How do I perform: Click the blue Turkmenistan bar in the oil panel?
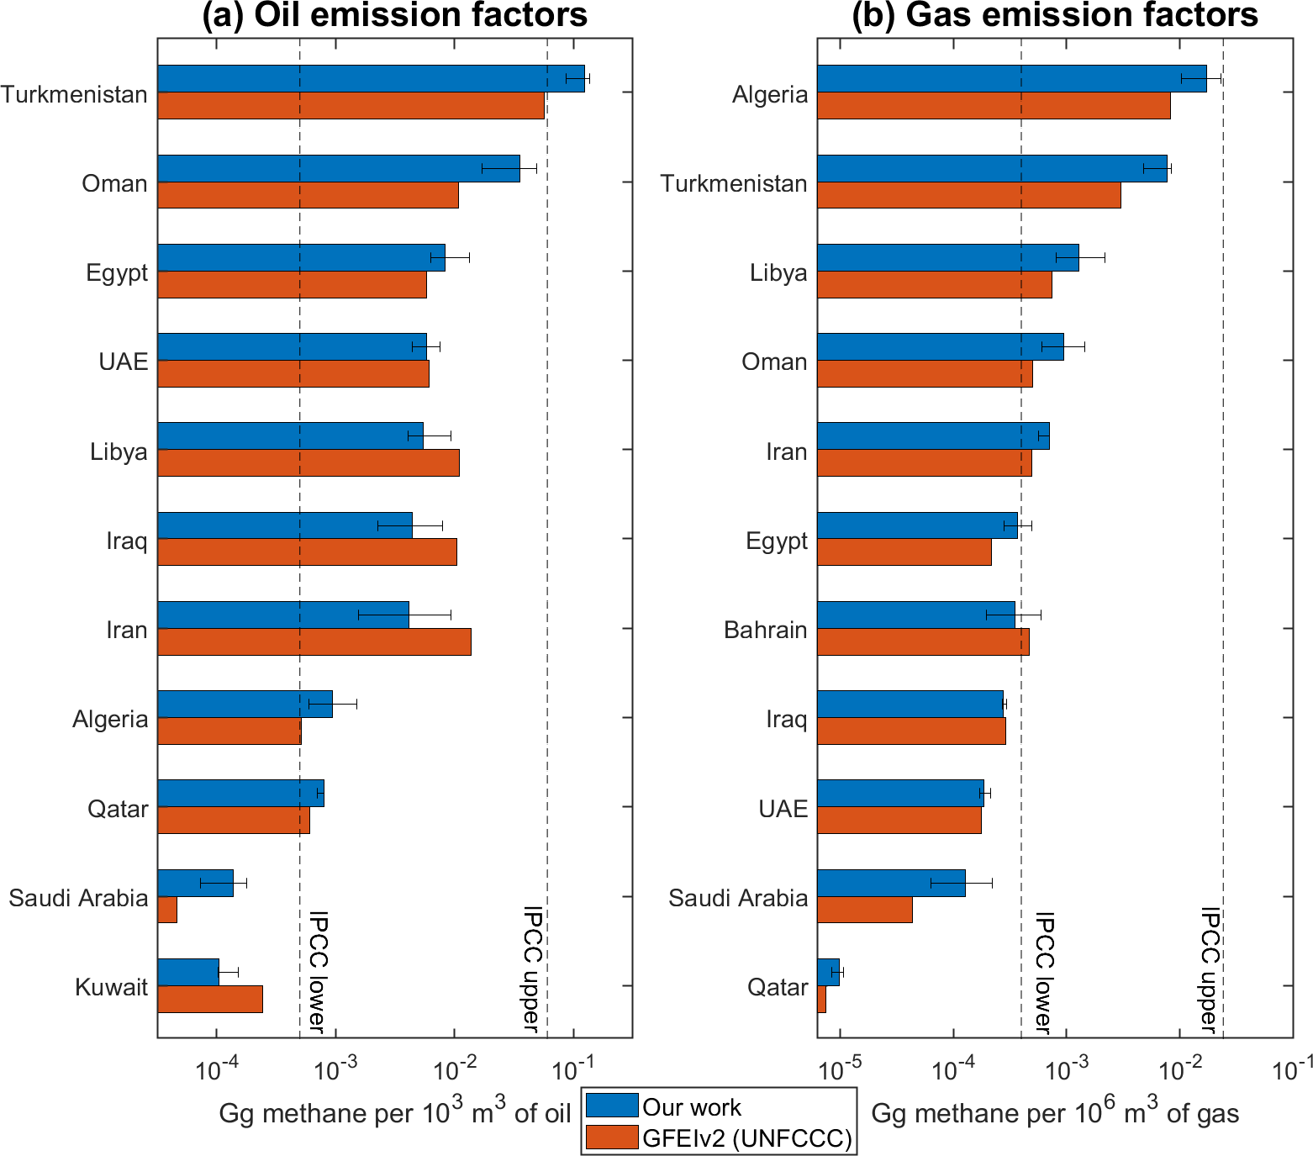tap(370, 78)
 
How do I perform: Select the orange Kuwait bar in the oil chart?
tap(210, 999)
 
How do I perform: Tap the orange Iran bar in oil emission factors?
tap(314, 641)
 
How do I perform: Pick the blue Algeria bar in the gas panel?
tap(1011, 78)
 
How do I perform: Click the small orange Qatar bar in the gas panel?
tap(821, 999)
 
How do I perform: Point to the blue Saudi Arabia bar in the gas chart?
tap(891, 883)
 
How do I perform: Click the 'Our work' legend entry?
tap(691, 1106)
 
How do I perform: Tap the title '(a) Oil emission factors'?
tap(394, 15)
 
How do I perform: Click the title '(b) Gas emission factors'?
tap(1054, 15)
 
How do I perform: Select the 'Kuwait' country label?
tap(111, 987)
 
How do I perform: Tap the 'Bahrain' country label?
tap(765, 630)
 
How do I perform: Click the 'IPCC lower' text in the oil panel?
tap(317, 970)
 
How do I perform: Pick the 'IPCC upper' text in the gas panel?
tap(1209, 969)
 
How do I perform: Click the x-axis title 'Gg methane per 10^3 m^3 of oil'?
tap(394, 1113)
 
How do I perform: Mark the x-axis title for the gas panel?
tap(1054, 1113)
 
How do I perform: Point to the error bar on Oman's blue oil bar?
tap(509, 168)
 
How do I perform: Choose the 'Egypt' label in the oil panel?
tap(117, 272)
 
